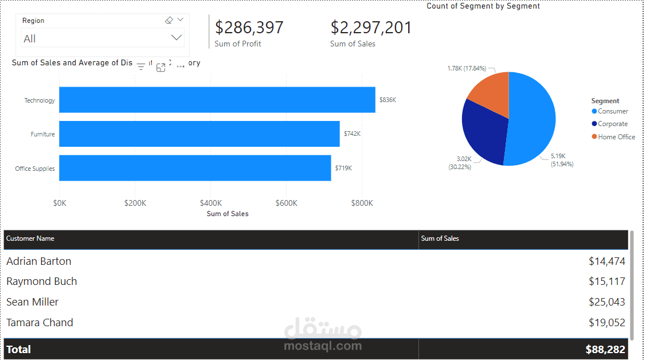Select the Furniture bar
click(199, 134)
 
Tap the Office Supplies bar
click(195, 168)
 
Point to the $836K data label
click(387, 100)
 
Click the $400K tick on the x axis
click(210, 203)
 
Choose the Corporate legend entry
click(612, 124)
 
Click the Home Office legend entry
click(616, 137)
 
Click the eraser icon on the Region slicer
click(169, 20)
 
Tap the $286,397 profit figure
click(249, 28)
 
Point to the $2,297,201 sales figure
click(371, 28)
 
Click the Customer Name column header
click(30, 238)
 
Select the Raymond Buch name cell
click(42, 281)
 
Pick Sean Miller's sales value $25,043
click(606, 302)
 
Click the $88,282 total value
click(605, 349)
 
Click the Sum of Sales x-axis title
click(228, 214)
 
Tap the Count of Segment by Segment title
click(483, 6)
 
